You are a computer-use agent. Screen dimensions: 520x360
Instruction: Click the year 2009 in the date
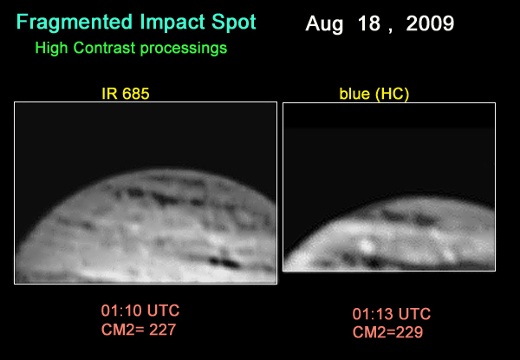(430, 24)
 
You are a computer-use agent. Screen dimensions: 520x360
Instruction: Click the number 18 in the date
(368, 24)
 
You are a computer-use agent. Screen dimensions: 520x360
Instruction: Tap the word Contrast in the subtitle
(105, 48)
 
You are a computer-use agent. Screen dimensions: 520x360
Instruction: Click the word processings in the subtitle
(184, 49)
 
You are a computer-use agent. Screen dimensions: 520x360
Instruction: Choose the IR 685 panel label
(126, 94)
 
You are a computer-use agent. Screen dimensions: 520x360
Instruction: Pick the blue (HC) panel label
(374, 95)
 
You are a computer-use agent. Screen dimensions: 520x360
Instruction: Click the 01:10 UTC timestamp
(140, 311)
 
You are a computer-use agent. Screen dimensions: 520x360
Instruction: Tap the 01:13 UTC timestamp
(392, 314)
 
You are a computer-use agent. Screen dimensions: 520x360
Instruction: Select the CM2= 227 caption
(139, 330)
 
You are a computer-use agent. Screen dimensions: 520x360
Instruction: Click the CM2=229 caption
(387, 332)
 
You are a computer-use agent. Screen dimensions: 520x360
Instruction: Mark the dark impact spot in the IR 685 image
(224, 261)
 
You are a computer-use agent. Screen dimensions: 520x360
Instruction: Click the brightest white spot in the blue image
(366, 246)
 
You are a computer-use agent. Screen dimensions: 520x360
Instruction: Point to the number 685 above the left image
(136, 94)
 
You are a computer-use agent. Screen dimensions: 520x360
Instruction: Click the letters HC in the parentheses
(393, 95)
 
